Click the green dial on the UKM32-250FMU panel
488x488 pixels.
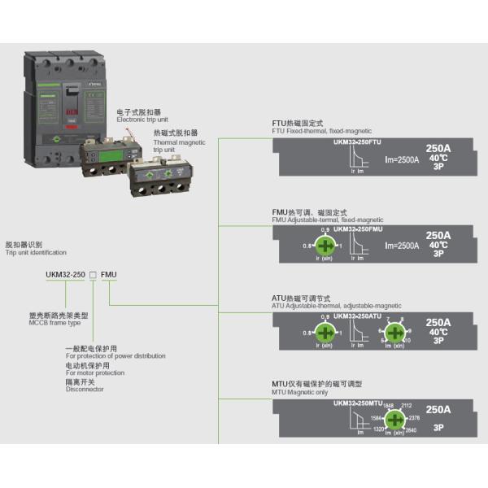pyautogui.click(x=325, y=246)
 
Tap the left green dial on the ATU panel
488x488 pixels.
pyautogui.click(x=325, y=332)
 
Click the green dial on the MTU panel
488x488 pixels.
pyautogui.click(x=394, y=420)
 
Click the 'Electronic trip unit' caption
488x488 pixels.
pyautogui.click(x=143, y=120)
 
